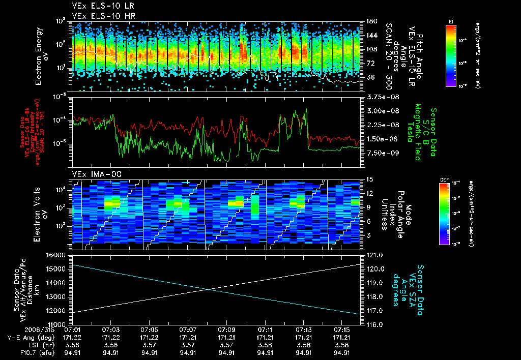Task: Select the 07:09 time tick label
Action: (226, 330)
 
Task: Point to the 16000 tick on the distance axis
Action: (60, 255)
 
